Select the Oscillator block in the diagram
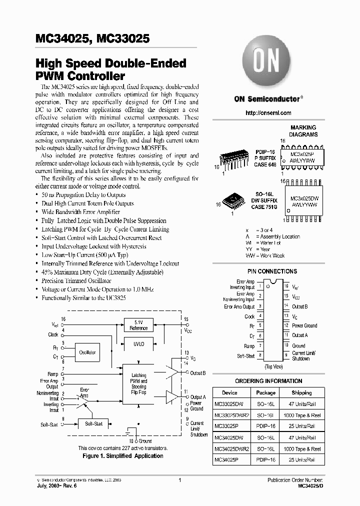point(87,352)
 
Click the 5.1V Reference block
point(138,325)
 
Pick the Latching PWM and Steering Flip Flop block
point(138,384)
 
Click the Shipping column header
point(301,393)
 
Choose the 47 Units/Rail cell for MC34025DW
point(301,437)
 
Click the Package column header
point(265,393)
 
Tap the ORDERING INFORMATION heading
point(268,381)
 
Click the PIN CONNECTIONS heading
point(272,271)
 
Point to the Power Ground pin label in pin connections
point(304,325)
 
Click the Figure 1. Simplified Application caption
point(122,456)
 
